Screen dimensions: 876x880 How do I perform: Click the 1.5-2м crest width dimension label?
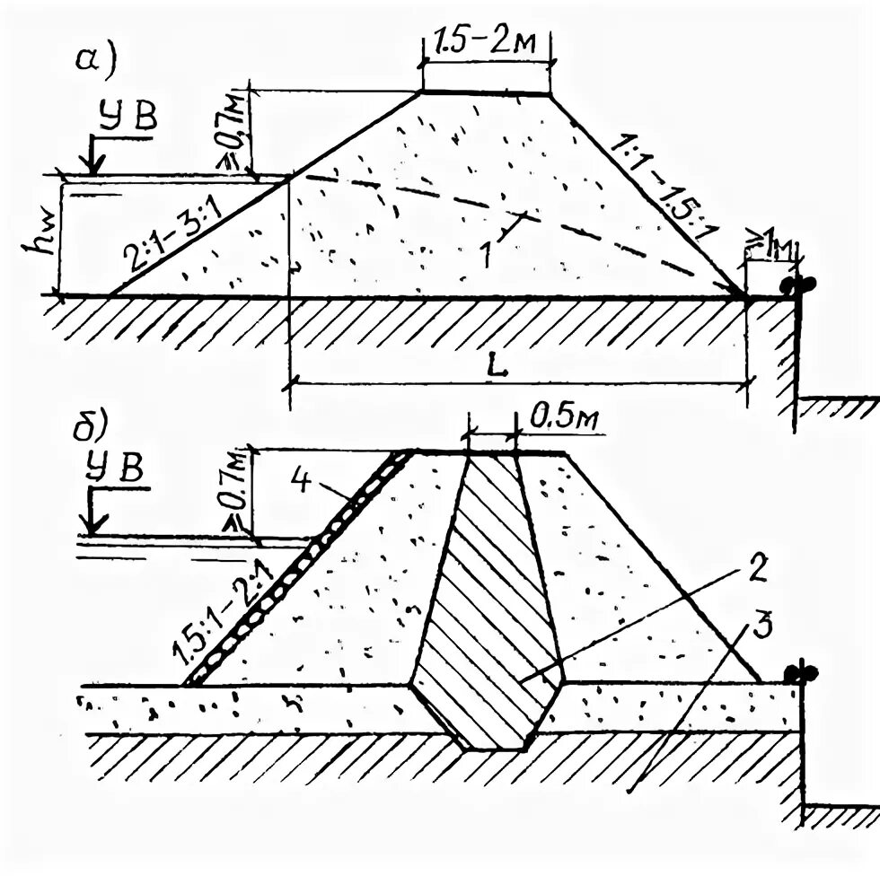coord(486,42)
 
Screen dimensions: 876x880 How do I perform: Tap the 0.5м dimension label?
coord(559,416)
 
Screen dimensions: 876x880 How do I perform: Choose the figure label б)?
coord(92,424)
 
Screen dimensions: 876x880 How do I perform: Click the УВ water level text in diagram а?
coord(130,119)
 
